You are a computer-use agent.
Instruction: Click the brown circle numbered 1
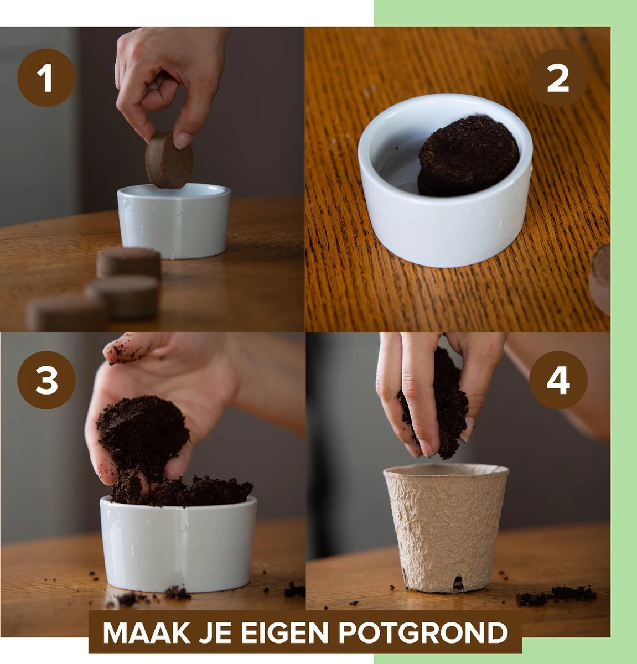click(x=46, y=78)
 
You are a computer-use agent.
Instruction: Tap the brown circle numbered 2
click(x=558, y=78)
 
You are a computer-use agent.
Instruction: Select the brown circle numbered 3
click(x=46, y=380)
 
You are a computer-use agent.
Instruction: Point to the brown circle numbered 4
click(x=558, y=380)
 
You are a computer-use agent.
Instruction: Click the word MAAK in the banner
click(x=146, y=632)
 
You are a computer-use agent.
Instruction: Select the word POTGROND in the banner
click(x=423, y=632)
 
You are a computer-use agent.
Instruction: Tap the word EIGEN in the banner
click(x=284, y=632)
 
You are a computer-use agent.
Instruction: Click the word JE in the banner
click(x=216, y=632)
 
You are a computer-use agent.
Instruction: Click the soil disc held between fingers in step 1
click(x=169, y=160)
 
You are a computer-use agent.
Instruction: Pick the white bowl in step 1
click(x=174, y=221)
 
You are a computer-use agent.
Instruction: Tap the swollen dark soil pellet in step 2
click(x=468, y=155)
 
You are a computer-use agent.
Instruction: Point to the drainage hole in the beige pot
click(x=457, y=583)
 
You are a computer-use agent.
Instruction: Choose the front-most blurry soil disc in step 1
click(x=65, y=313)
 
